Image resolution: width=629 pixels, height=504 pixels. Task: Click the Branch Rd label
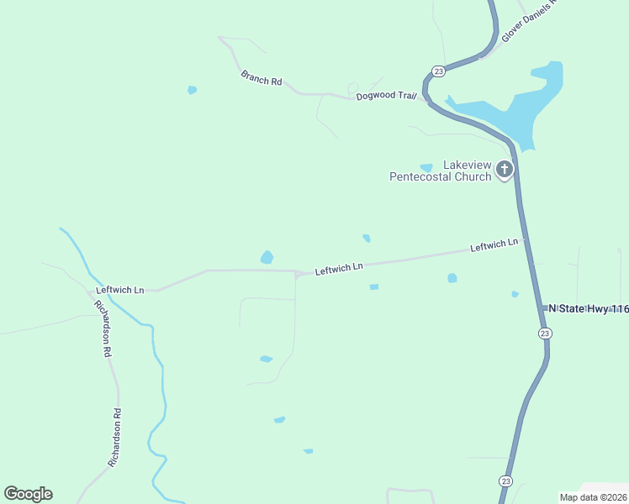coord(262,78)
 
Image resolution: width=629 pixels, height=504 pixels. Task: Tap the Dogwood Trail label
coord(386,96)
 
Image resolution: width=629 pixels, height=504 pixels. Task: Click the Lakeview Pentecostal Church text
coord(440,171)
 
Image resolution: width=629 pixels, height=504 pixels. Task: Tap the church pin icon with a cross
coord(504,170)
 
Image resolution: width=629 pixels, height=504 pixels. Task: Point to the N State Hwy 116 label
coord(589,309)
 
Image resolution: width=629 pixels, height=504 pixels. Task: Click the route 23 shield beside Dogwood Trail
coord(438,71)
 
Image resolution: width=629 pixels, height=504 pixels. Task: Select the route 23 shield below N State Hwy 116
coord(545,333)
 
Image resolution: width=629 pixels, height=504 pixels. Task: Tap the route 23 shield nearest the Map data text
coord(505,480)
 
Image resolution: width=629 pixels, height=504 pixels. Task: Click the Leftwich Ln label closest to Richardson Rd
coord(119,290)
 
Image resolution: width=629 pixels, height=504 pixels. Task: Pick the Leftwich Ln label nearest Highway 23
coord(494,245)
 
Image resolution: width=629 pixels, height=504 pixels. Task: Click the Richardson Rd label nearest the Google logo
coord(116,438)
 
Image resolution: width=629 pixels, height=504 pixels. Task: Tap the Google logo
coord(28,494)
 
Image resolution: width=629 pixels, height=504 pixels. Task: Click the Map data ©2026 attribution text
coord(593,497)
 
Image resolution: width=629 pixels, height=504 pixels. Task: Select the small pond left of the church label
coord(426,168)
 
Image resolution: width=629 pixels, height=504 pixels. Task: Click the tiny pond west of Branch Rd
coord(193,90)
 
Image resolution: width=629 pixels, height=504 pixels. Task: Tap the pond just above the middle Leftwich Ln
coord(267,257)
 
